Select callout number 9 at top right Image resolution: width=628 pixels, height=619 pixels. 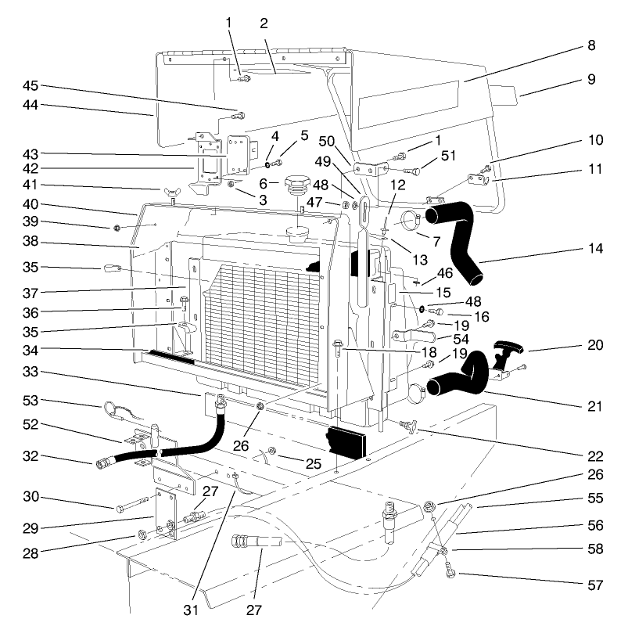click(591, 78)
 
